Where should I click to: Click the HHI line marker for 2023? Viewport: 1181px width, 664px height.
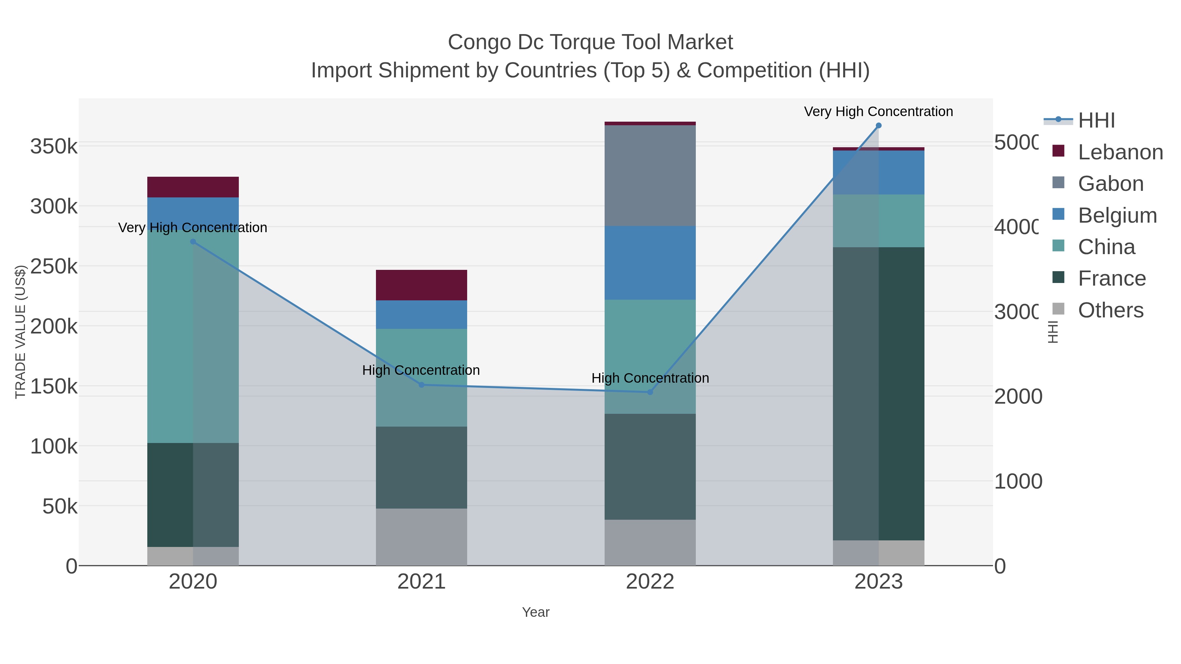point(879,126)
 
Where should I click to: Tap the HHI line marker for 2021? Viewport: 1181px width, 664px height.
point(421,385)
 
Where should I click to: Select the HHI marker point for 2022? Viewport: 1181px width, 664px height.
point(650,392)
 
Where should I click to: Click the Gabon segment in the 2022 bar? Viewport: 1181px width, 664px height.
point(650,175)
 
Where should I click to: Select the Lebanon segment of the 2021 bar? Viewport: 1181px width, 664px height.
point(421,285)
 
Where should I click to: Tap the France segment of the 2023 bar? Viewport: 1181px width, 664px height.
point(879,394)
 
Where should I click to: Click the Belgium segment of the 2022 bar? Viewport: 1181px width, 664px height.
point(650,263)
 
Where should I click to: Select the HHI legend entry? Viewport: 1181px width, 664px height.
point(1096,121)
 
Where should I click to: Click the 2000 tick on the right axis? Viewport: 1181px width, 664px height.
point(1017,397)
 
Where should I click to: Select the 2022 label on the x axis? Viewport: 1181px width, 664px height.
point(650,582)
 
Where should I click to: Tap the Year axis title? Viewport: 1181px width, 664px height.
point(535,612)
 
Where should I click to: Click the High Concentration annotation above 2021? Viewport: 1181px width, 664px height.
point(421,370)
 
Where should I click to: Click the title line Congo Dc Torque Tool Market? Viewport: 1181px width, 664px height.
point(590,42)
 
